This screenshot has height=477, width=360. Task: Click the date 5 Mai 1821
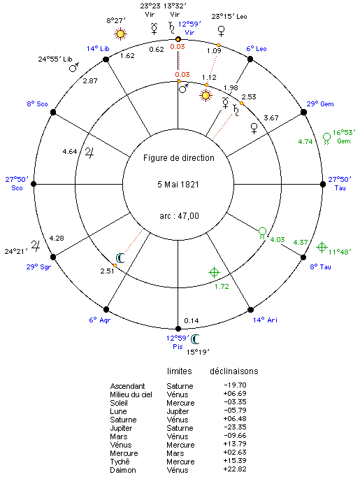tap(178, 185)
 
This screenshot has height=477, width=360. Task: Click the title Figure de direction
tap(179, 158)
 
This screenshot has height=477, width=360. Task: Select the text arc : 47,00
tap(180, 216)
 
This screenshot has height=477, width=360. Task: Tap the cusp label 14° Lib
tap(98, 49)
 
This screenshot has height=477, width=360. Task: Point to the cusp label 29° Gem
tap(320, 104)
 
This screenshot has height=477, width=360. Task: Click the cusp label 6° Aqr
tap(100, 320)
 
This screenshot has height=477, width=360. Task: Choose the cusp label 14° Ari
tap(265, 320)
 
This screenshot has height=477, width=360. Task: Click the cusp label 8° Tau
tap(320, 266)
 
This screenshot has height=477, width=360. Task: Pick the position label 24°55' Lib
tap(55, 59)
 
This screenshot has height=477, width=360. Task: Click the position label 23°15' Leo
tap(229, 16)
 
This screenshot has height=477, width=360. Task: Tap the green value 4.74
tap(305, 141)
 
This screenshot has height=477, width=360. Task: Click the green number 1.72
tap(222, 286)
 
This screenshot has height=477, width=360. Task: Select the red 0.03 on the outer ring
tap(178, 47)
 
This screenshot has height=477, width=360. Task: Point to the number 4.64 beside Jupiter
tap(70, 151)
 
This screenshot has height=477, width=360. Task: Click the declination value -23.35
tap(235, 427)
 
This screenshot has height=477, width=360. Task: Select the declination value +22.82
tap(235, 469)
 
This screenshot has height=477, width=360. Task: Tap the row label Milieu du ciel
tap(131, 394)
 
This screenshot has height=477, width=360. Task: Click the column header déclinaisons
tap(234, 371)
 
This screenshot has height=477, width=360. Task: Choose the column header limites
tap(180, 371)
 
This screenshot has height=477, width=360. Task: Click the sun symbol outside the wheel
tap(120, 34)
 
